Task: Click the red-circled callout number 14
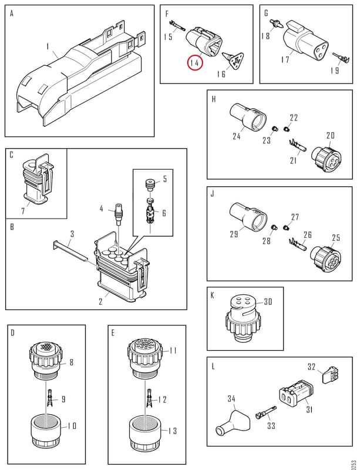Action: (x=195, y=63)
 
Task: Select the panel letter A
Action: (x=12, y=14)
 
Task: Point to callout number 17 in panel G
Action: (x=285, y=59)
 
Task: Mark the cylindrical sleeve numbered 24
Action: (x=248, y=117)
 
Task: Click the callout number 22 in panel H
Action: (x=294, y=117)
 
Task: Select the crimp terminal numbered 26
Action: (x=297, y=244)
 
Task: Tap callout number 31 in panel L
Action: (x=309, y=409)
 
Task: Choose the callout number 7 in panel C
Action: (x=23, y=211)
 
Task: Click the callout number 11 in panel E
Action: (x=173, y=350)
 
